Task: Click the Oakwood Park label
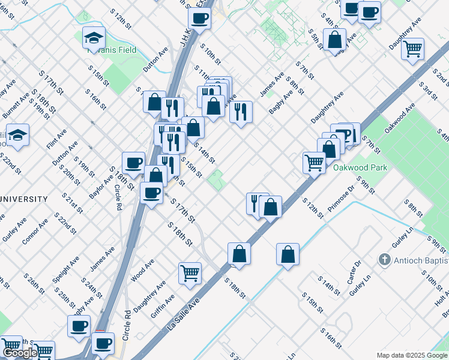(360, 168)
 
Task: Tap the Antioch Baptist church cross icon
(384, 260)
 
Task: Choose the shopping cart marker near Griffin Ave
(190, 273)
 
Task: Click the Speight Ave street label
(63, 270)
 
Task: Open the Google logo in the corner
(20, 353)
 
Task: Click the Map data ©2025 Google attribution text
(412, 355)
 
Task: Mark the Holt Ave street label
(441, 288)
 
